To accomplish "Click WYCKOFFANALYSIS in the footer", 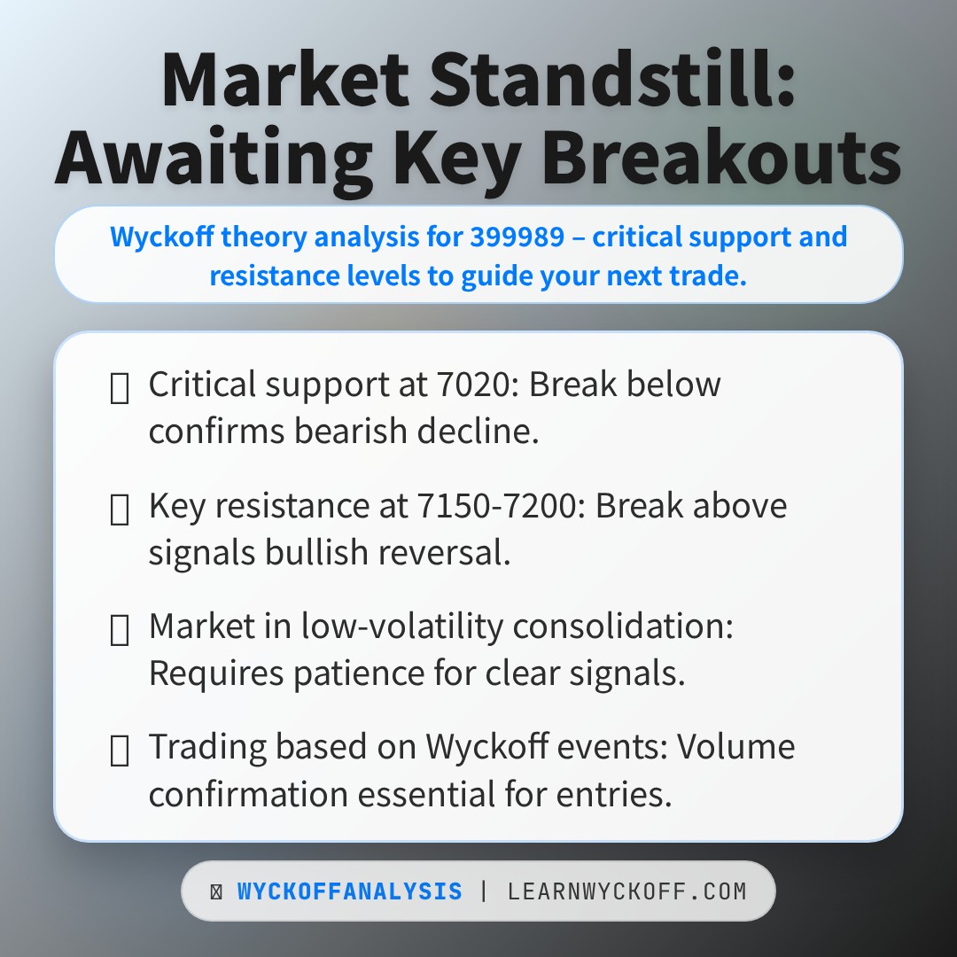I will click(x=349, y=891).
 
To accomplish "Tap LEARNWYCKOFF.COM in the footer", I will click(x=626, y=891).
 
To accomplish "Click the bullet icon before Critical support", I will click(x=120, y=388).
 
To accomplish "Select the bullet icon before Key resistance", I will click(x=120, y=510).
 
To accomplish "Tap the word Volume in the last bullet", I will click(x=735, y=748).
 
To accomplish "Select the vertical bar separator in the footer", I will click(x=484, y=891).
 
